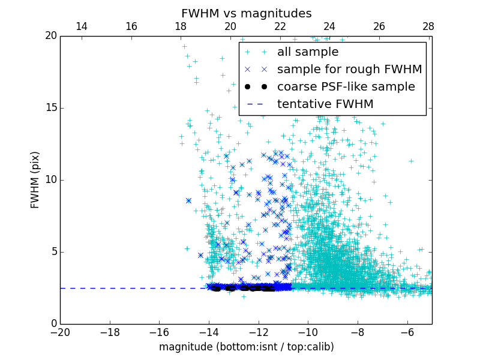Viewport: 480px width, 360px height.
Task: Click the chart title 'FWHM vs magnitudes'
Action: point(246,13)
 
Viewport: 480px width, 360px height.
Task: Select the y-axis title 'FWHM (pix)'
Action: point(35,179)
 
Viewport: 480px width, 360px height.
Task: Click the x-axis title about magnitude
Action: point(246,347)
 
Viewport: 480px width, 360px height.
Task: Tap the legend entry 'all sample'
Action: point(308,52)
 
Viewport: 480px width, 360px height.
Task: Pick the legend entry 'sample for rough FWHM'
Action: point(349,70)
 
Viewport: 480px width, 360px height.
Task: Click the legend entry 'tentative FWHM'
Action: point(325,104)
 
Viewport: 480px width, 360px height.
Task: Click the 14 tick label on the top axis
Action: point(82,26)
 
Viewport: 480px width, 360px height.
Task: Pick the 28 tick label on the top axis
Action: point(428,26)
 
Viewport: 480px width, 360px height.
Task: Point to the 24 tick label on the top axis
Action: point(329,26)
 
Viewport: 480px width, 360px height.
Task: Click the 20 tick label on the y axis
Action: point(50,36)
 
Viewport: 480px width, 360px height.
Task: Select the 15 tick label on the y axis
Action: point(50,108)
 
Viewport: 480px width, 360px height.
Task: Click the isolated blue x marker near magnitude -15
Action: point(188,200)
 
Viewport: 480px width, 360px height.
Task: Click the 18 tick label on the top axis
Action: point(181,26)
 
